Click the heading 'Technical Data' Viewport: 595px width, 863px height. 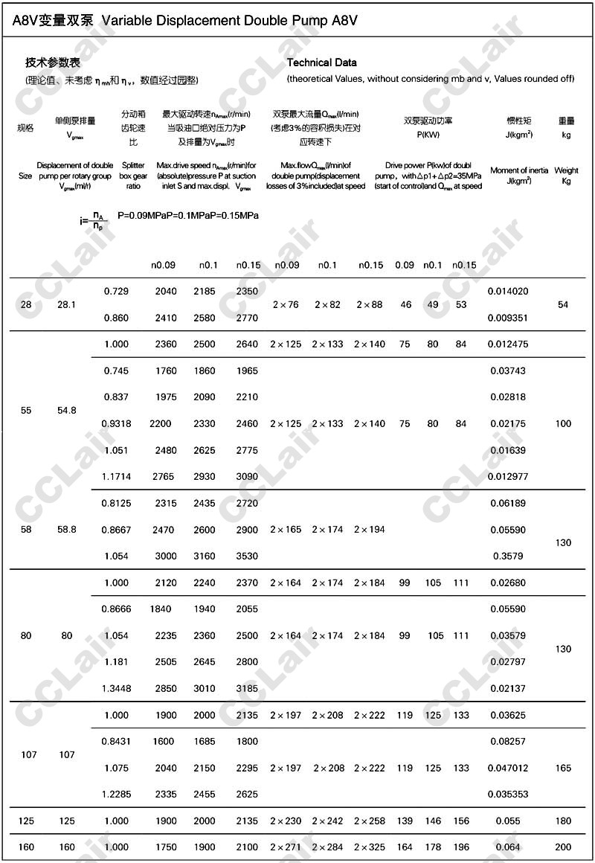tap(321, 62)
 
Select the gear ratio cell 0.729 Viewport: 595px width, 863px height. tap(116, 291)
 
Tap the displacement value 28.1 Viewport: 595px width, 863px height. tap(67, 304)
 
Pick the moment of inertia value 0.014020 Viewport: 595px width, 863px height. tap(508, 291)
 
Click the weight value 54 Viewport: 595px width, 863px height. tap(563, 304)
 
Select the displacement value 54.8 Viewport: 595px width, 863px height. tap(67, 410)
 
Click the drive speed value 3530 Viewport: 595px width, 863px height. tap(247, 556)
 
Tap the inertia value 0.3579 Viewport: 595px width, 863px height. tap(508, 556)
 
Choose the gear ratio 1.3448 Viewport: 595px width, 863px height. tap(116, 688)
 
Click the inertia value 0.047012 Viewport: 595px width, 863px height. tap(508, 768)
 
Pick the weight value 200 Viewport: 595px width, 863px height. tap(563, 847)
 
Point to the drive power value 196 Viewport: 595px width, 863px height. tap(461, 847)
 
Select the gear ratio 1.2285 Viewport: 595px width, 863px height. tap(116, 794)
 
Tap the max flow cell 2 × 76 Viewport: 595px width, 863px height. tap(286, 304)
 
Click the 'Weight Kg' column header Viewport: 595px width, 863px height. tap(566, 176)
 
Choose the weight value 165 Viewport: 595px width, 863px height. tap(563, 768)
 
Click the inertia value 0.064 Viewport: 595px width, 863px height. tap(508, 847)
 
